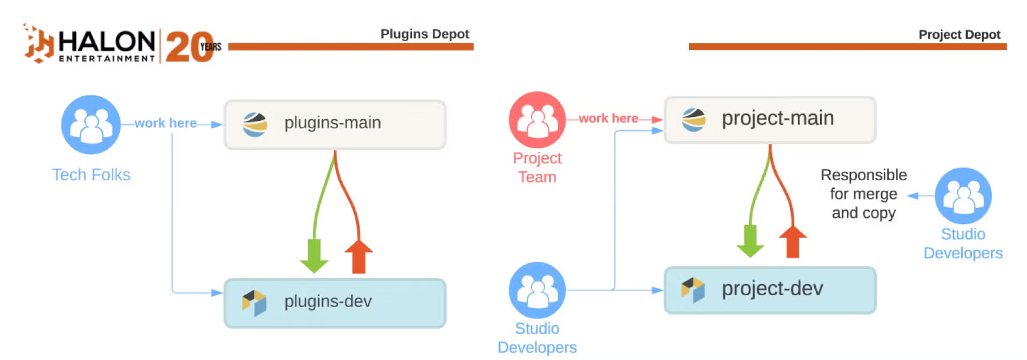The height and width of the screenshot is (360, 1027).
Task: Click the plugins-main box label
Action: coord(332,123)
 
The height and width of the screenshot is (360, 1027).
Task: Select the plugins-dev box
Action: coord(334,303)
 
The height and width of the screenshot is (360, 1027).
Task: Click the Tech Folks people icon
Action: coord(90,125)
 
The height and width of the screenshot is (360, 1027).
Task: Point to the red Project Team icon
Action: coord(537,120)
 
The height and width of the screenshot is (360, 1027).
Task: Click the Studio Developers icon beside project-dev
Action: coord(537,290)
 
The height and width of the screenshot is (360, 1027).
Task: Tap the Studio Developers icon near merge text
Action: coord(962,196)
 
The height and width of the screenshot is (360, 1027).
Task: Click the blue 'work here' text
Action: coord(165,124)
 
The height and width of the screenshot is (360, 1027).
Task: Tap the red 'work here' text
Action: coord(608,118)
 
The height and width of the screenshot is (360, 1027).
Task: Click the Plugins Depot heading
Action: coord(424,34)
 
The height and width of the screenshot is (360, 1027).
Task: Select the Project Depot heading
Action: coord(959,35)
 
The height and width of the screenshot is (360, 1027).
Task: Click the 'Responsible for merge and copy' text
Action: coord(863,194)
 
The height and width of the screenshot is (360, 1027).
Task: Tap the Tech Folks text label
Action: coord(91,175)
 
